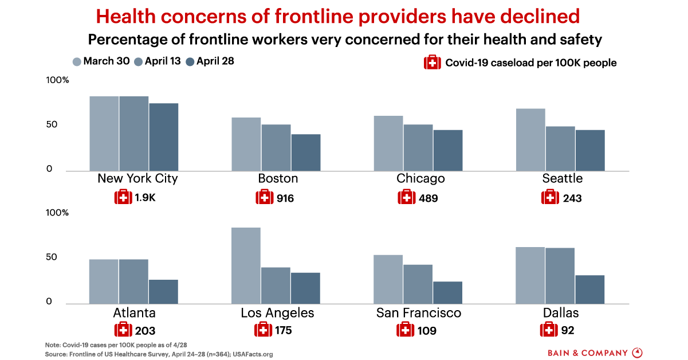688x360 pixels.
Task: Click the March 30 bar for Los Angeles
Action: pyautogui.click(x=246, y=265)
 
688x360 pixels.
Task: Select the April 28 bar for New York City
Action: pyautogui.click(x=164, y=137)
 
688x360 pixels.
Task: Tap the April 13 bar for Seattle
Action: pyautogui.click(x=560, y=148)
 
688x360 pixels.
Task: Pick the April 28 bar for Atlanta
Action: pyautogui.click(x=164, y=292)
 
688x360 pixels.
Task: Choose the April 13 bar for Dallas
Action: pyautogui.click(x=560, y=276)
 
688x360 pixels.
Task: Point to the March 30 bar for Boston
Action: pyautogui.click(x=246, y=144)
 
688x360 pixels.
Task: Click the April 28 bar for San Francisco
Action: pyautogui.click(x=448, y=292)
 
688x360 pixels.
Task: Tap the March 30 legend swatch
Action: pyautogui.click(x=77, y=61)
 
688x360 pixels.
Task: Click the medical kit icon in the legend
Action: pyautogui.click(x=432, y=62)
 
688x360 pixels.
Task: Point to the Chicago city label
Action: pyautogui.click(x=420, y=178)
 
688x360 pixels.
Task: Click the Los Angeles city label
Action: pyautogui.click(x=278, y=313)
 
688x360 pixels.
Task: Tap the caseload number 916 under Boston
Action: pyautogui.click(x=285, y=198)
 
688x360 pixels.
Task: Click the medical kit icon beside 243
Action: pyautogui.click(x=550, y=198)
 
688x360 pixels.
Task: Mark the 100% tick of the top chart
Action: pyautogui.click(x=57, y=80)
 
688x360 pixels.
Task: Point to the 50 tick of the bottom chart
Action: pyautogui.click(x=52, y=257)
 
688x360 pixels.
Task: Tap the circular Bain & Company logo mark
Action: pyautogui.click(x=637, y=352)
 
